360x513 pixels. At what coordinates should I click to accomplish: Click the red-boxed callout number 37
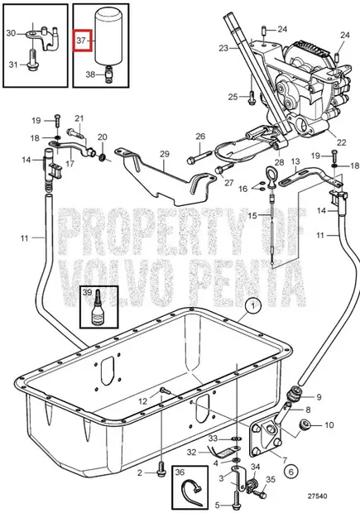pyautogui.click(x=81, y=41)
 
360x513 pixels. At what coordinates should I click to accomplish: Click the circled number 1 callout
pyautogui.click(x=253, y=306)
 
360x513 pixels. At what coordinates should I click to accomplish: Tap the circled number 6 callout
pyautogui.click(x=291, y=472)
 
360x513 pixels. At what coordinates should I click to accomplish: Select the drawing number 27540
pyautogui.click(x=317, y=496)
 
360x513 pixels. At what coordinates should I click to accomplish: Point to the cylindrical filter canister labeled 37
pyautogui.click(x=108, y=36)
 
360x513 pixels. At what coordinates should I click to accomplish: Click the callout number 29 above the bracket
pyautogui.click(x=165, y=154)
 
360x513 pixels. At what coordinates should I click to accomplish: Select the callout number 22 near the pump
pyautogui.click(x=341, y=142)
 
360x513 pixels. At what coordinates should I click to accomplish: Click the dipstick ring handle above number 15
pyautogui.click(x=271, y=174)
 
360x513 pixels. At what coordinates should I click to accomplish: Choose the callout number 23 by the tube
pyautogui.click(x=223, y=48)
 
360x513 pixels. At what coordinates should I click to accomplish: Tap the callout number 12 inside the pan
pyautogui.click(x=142, y=400)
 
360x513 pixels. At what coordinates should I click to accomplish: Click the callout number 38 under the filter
pyautogui.click(x=90, y=74)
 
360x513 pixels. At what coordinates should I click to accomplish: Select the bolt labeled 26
pyautogui.click(x=199, y=156)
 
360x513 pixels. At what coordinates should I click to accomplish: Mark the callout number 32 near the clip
pyautogui.click(x=191, y=452)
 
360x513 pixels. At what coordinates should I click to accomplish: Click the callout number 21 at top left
pyautogui.click(x=79, y=118)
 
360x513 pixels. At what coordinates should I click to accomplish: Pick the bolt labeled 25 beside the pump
pyautogui.click(x=252, y=98)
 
